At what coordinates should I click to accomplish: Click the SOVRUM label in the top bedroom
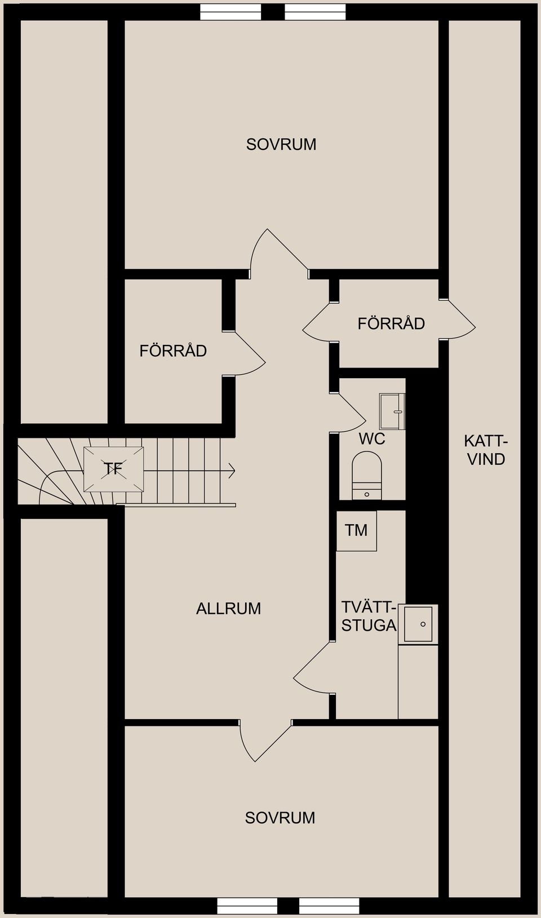[281, 144]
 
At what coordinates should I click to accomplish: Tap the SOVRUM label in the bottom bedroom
[280, 818]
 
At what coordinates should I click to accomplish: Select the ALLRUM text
[228, 609]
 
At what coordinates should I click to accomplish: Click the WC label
[372, 438]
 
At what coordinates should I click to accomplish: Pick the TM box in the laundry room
[356, 530]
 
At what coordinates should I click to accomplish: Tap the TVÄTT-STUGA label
[369, 617]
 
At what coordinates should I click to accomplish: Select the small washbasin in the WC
[392, 411]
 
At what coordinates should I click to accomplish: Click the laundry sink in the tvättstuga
[418, 624]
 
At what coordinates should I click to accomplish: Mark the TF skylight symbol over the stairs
[114, 469]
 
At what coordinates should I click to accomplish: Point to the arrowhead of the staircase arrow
[232, 470]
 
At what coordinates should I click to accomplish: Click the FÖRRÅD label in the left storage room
[173, 351]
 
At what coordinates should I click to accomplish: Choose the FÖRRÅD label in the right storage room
[391, 323]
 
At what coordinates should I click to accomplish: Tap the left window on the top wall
[230, 12]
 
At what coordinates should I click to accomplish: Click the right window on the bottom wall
[329, 906]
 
